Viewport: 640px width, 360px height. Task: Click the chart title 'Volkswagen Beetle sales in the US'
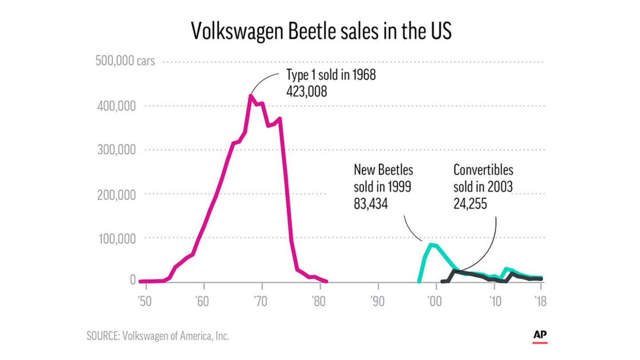(x=321, y=31)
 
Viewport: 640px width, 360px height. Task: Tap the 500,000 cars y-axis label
(x=125, y=61)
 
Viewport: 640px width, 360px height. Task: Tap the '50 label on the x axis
(x=145, y=302)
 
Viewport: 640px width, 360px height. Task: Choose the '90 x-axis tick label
(x=378, y=302)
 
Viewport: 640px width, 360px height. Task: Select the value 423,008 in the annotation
(x=307, y=92)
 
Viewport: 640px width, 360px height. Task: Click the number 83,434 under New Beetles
(x=371, y=204)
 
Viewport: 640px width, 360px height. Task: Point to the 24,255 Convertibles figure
(x=470, y=204)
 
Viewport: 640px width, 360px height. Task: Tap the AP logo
(x=540, y=336)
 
